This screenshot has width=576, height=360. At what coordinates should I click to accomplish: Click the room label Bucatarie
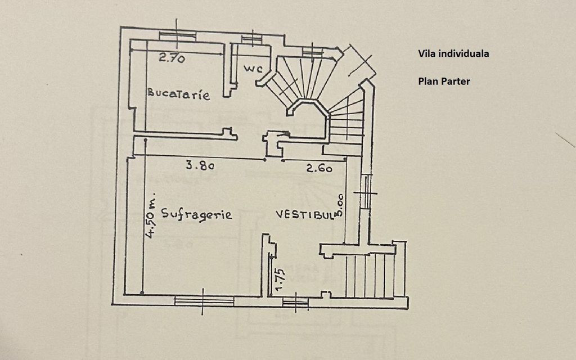point(179,93)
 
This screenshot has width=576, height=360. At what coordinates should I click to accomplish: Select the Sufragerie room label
point(196,214)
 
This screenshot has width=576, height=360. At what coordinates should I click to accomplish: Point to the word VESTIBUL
point(304,214)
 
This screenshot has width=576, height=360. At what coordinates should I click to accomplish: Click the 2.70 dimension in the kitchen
point(172,57)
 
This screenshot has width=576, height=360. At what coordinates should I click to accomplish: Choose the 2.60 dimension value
point(319,168)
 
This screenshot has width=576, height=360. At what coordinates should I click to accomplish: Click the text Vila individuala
point(453,54)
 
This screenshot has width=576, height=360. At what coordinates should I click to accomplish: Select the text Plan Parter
point(444,81)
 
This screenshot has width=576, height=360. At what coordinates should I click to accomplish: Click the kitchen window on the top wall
point(177,36)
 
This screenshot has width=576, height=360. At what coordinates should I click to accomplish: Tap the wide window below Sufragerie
point(204,301)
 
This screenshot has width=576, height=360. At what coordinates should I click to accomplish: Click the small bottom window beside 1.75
point(295,304)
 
